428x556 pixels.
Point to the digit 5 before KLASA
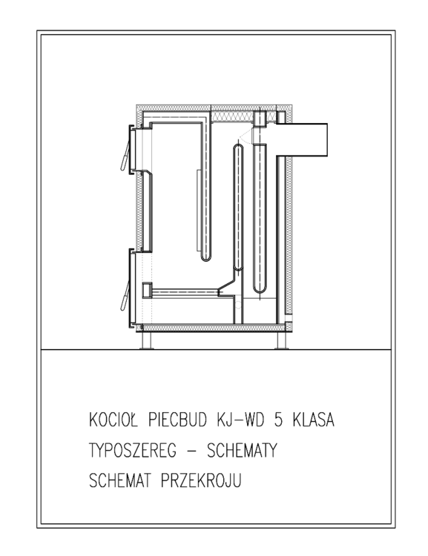pos(279,420)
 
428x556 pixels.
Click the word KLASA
pos(314,420)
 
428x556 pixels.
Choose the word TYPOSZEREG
pos(132,450)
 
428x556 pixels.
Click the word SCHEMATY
pos(242,450)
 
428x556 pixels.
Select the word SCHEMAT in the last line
pos(119,480)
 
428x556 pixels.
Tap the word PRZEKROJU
pos(201,480)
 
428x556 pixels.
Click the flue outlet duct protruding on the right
pos(301,139)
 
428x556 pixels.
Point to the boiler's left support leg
pos(146,340)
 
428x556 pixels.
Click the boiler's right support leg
pos(280,340)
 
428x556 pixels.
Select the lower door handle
pos(125,295)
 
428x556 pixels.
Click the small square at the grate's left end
pos(147,290)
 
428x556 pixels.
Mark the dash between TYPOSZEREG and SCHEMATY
pos(191,451)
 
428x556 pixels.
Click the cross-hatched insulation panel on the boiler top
pos(231,116)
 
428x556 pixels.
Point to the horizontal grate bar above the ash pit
pos(185,292)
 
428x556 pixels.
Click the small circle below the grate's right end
pos(238,303)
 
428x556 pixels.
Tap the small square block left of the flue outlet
pos(260,119)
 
